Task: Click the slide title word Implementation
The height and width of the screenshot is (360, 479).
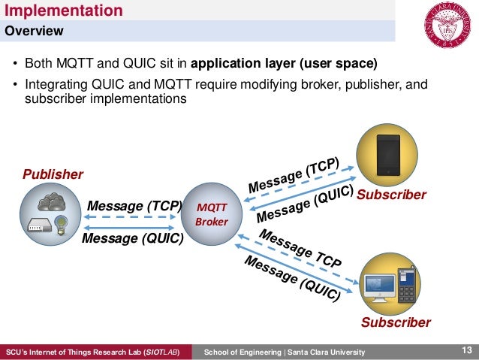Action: tap(64, 11)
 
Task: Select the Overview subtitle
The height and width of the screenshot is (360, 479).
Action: tap(35, 32)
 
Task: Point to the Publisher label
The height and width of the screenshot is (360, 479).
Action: tap(53, 174)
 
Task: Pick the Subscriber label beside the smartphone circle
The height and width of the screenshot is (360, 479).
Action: tap(391, 195)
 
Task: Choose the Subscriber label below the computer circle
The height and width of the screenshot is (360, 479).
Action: tap(396, 322)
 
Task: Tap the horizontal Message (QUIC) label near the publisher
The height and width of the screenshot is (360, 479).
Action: tap(132, 239)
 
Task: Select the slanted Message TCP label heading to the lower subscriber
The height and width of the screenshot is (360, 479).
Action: tap(300, 250)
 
